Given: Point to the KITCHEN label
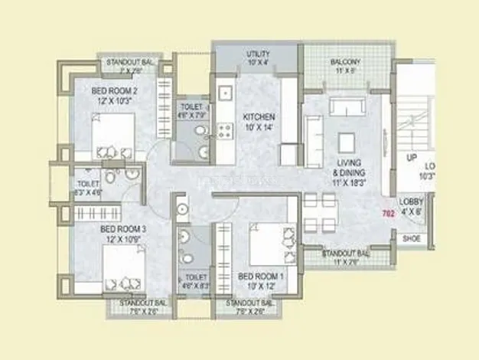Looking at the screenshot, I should pyautogui.click(x=259, y=117).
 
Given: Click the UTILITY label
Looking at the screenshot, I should pyautogui.click(x=258, y=54).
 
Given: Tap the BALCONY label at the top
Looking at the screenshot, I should pyautogui.click(x=345, y=61).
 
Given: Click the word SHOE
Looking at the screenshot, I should pyautogui.click(x=411, y=238).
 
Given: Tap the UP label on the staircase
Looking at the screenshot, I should pyautogui.click(x=412, y=157).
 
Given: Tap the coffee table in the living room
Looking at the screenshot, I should pyautogui.click(x=347, y=142).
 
